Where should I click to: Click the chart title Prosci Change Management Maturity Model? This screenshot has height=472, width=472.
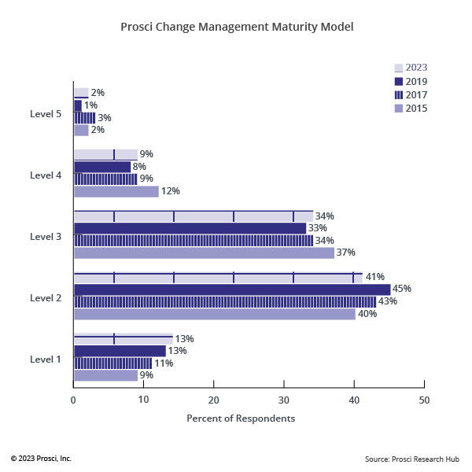pos(237,27)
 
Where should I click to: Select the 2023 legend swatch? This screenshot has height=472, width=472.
pos(398,68)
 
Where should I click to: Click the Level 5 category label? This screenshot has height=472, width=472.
pos(46,113)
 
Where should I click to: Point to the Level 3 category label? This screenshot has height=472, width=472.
pos(46,236)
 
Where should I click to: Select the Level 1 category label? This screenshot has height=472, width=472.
pos(46,359)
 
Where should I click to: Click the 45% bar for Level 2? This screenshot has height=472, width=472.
pos(231,289)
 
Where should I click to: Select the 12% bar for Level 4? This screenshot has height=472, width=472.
pos(116,191)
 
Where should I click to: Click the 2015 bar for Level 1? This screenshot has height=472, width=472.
pos(105,375)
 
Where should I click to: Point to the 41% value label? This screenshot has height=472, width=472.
pos(374,277)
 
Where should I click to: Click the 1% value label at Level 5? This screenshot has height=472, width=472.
pos(90,105)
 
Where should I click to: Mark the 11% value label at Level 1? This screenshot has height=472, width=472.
pos(164,363)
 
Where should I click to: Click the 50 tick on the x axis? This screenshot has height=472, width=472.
pos(424,400)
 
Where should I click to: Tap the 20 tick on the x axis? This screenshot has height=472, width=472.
pos(213,400)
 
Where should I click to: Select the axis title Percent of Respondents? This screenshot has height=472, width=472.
pos(241,419)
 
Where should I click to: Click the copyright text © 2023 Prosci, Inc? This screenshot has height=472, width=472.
pos(41,458)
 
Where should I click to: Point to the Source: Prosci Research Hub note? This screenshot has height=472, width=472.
pos(412,458)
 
